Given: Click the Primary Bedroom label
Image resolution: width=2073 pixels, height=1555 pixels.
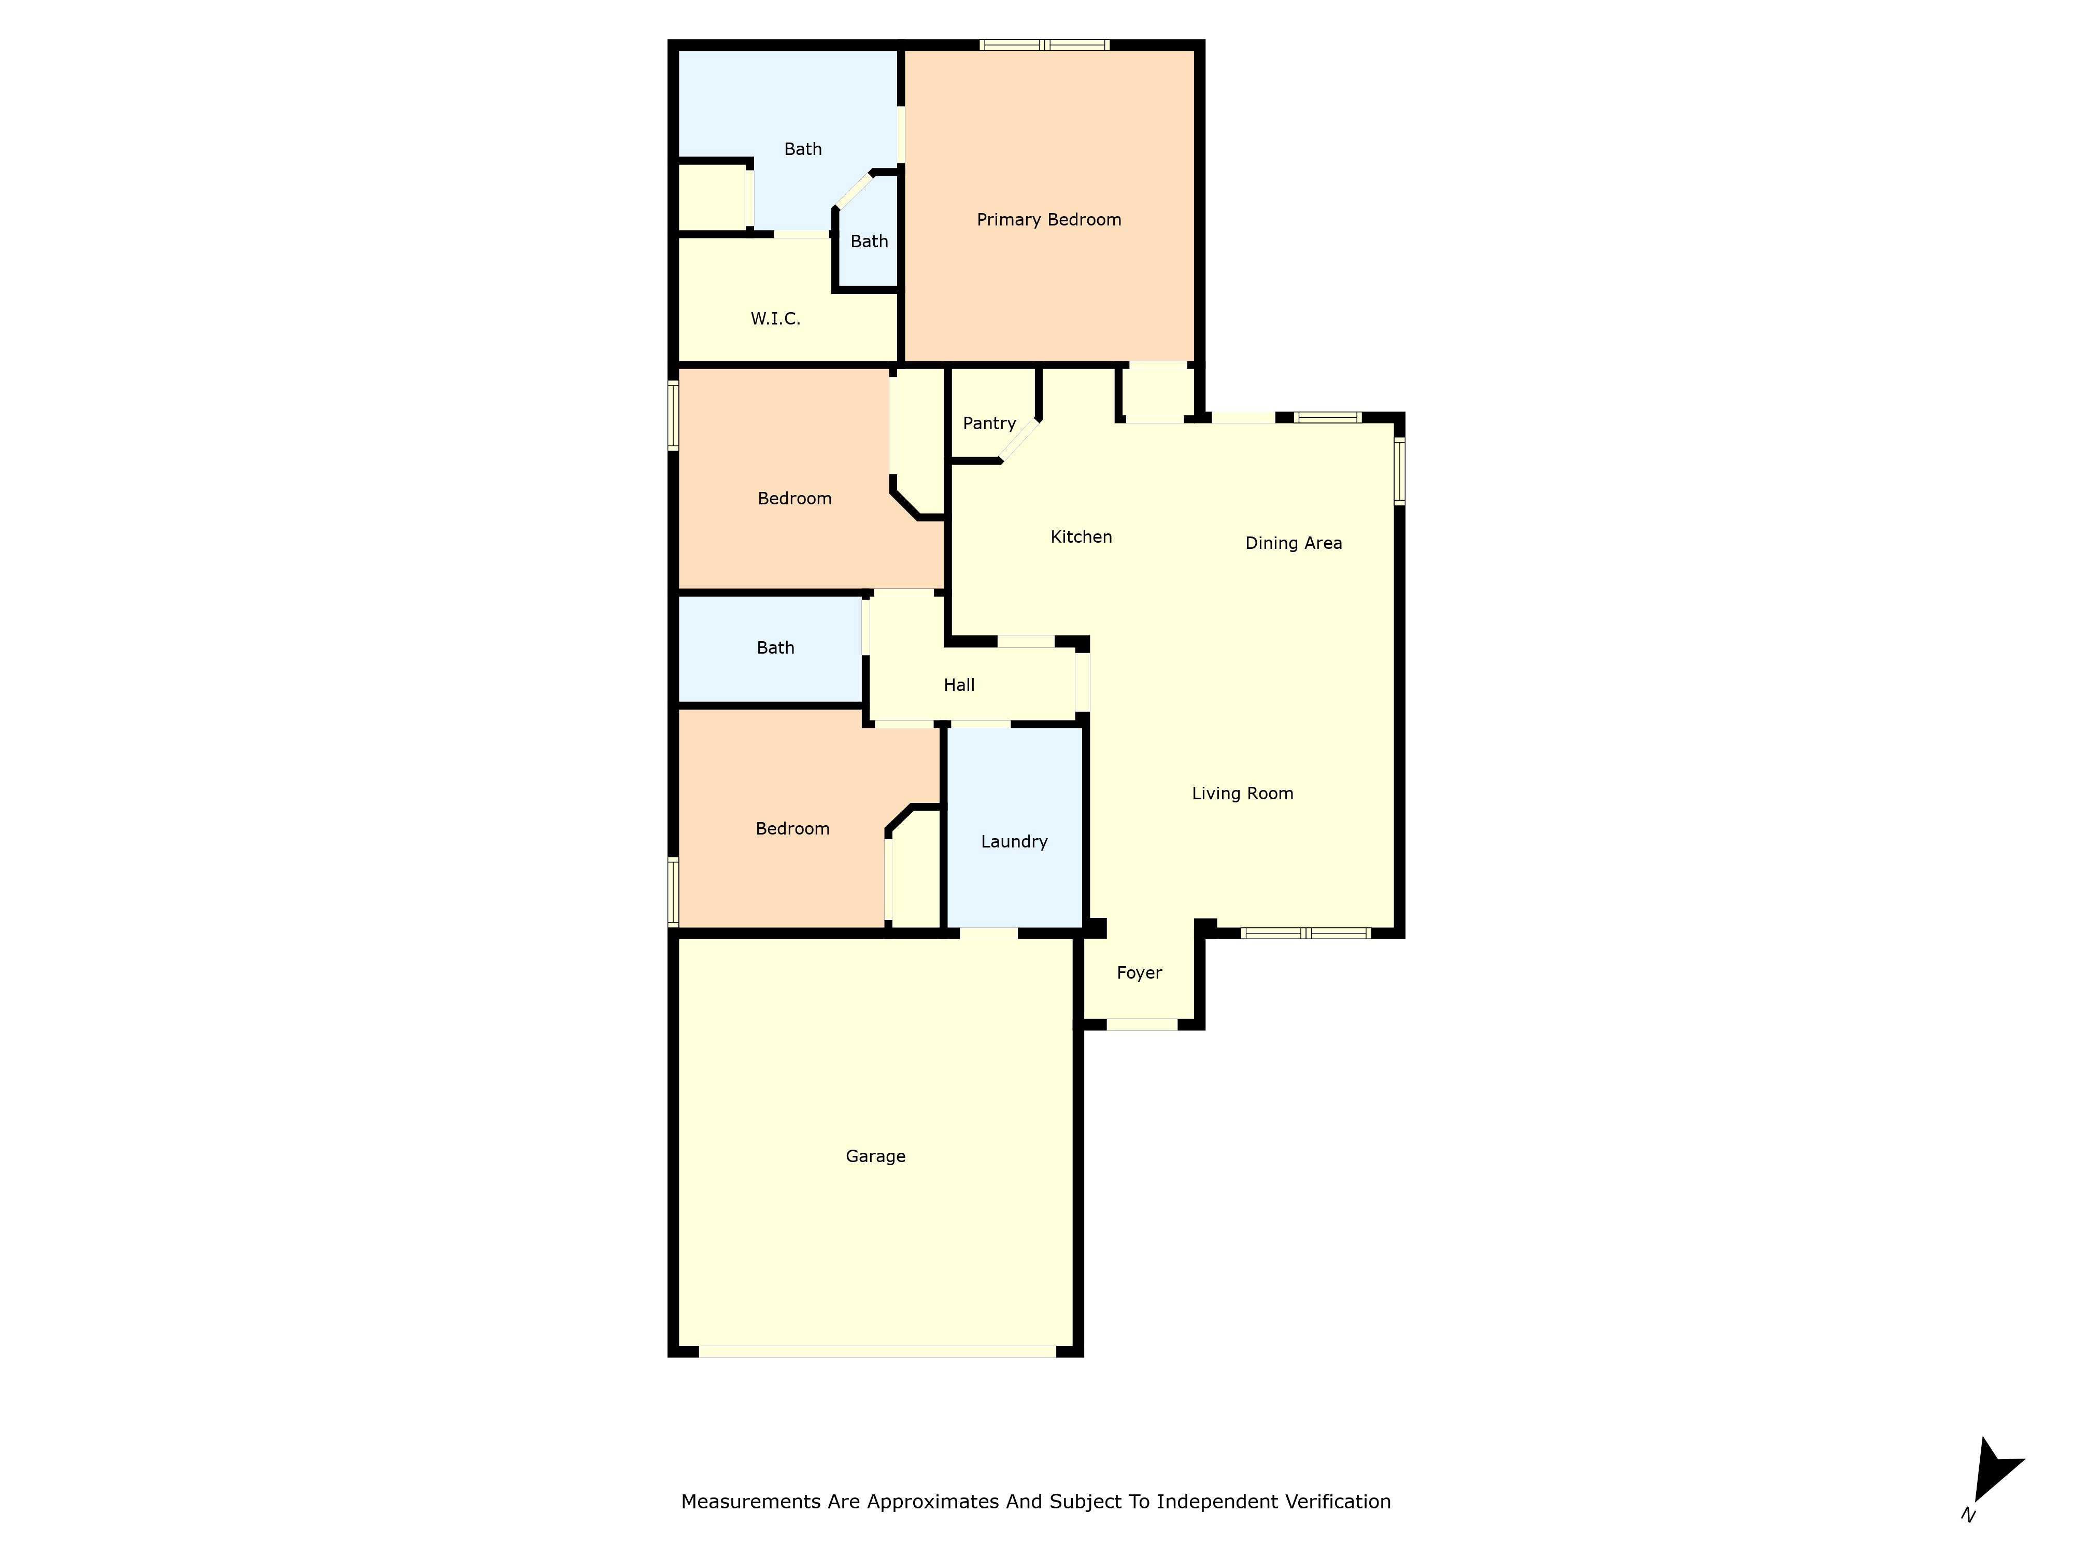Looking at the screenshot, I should [x=1049, y=219].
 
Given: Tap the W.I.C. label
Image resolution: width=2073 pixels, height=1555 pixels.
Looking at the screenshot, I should [x=775, y=319].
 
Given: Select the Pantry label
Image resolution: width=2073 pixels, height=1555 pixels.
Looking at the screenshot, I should [x=989, y=423].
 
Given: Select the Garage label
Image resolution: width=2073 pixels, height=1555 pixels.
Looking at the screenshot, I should [x=874, y=1156].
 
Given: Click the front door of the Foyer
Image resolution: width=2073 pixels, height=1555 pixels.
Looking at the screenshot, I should [x=1142, y=1024].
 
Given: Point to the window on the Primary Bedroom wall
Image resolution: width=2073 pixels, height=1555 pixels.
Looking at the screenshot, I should [x=1044, y=44].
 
